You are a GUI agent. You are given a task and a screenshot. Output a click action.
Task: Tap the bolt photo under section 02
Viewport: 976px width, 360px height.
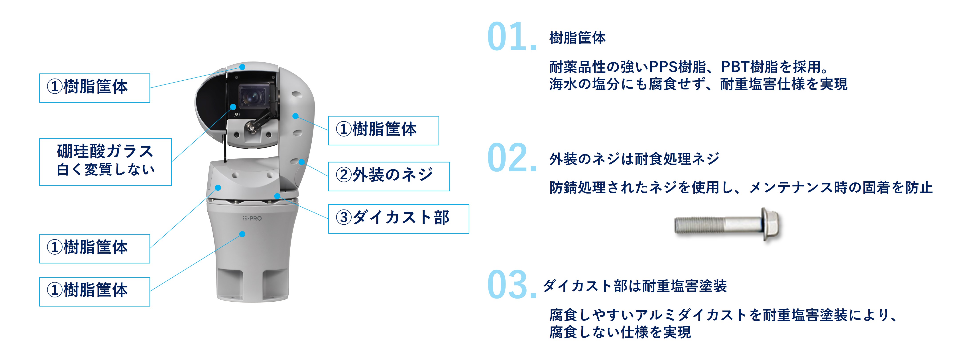[x=728, y=225]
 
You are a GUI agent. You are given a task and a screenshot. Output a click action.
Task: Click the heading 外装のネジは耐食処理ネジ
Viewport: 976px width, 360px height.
[x=634, y=159]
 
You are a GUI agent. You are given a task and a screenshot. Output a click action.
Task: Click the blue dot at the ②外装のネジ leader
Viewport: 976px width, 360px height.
[x=302, y=162]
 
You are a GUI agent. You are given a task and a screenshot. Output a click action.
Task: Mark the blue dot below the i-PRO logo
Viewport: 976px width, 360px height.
[x=242, y=234]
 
